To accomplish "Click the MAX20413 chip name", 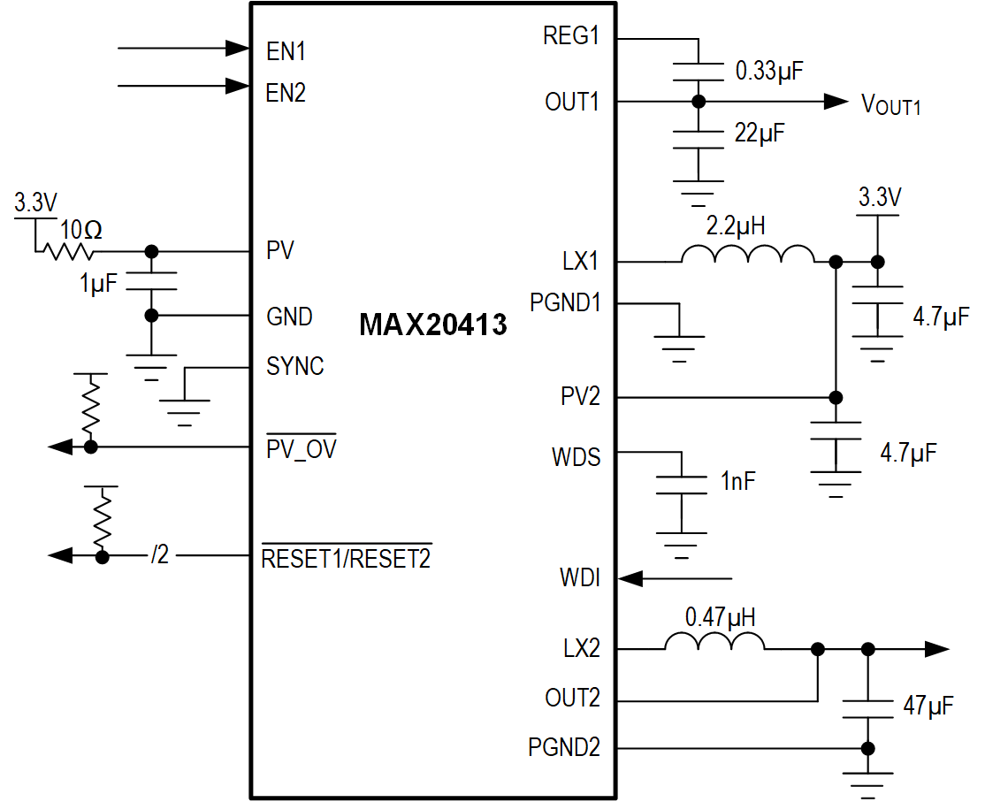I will pos(432,325).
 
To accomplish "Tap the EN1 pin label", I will pos(286,51).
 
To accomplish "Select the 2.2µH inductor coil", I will pos(747,256).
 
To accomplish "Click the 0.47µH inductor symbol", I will pos(714,643).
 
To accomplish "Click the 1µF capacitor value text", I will pos(98,285).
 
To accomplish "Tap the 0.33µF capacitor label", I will pos(768,72).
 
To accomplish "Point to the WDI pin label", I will pos(579,579).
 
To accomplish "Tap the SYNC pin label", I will pos(294,366).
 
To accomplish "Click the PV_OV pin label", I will pos(301,449).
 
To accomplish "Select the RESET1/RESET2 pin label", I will pos(346,558).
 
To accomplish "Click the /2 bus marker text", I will pos(159,556).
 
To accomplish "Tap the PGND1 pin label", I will pos(565,303).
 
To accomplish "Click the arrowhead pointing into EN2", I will pos(236,86).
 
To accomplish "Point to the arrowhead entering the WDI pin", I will pos(630,579).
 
